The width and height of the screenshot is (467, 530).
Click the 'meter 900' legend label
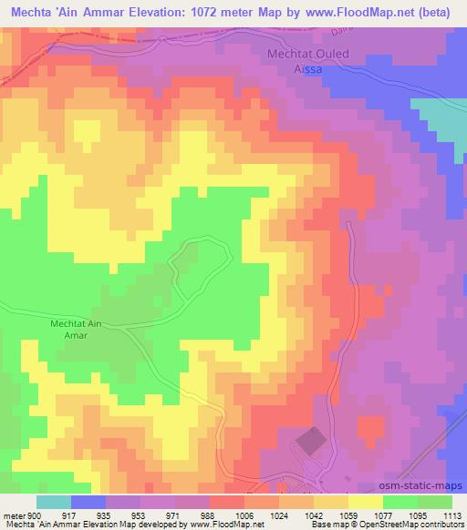click(x=20, y=515)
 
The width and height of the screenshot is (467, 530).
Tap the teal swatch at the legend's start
click(x=54, y=502)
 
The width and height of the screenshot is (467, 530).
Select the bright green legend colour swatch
click(x=400, y=502)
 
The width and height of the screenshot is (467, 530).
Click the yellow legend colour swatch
click(x=366, y=502)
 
